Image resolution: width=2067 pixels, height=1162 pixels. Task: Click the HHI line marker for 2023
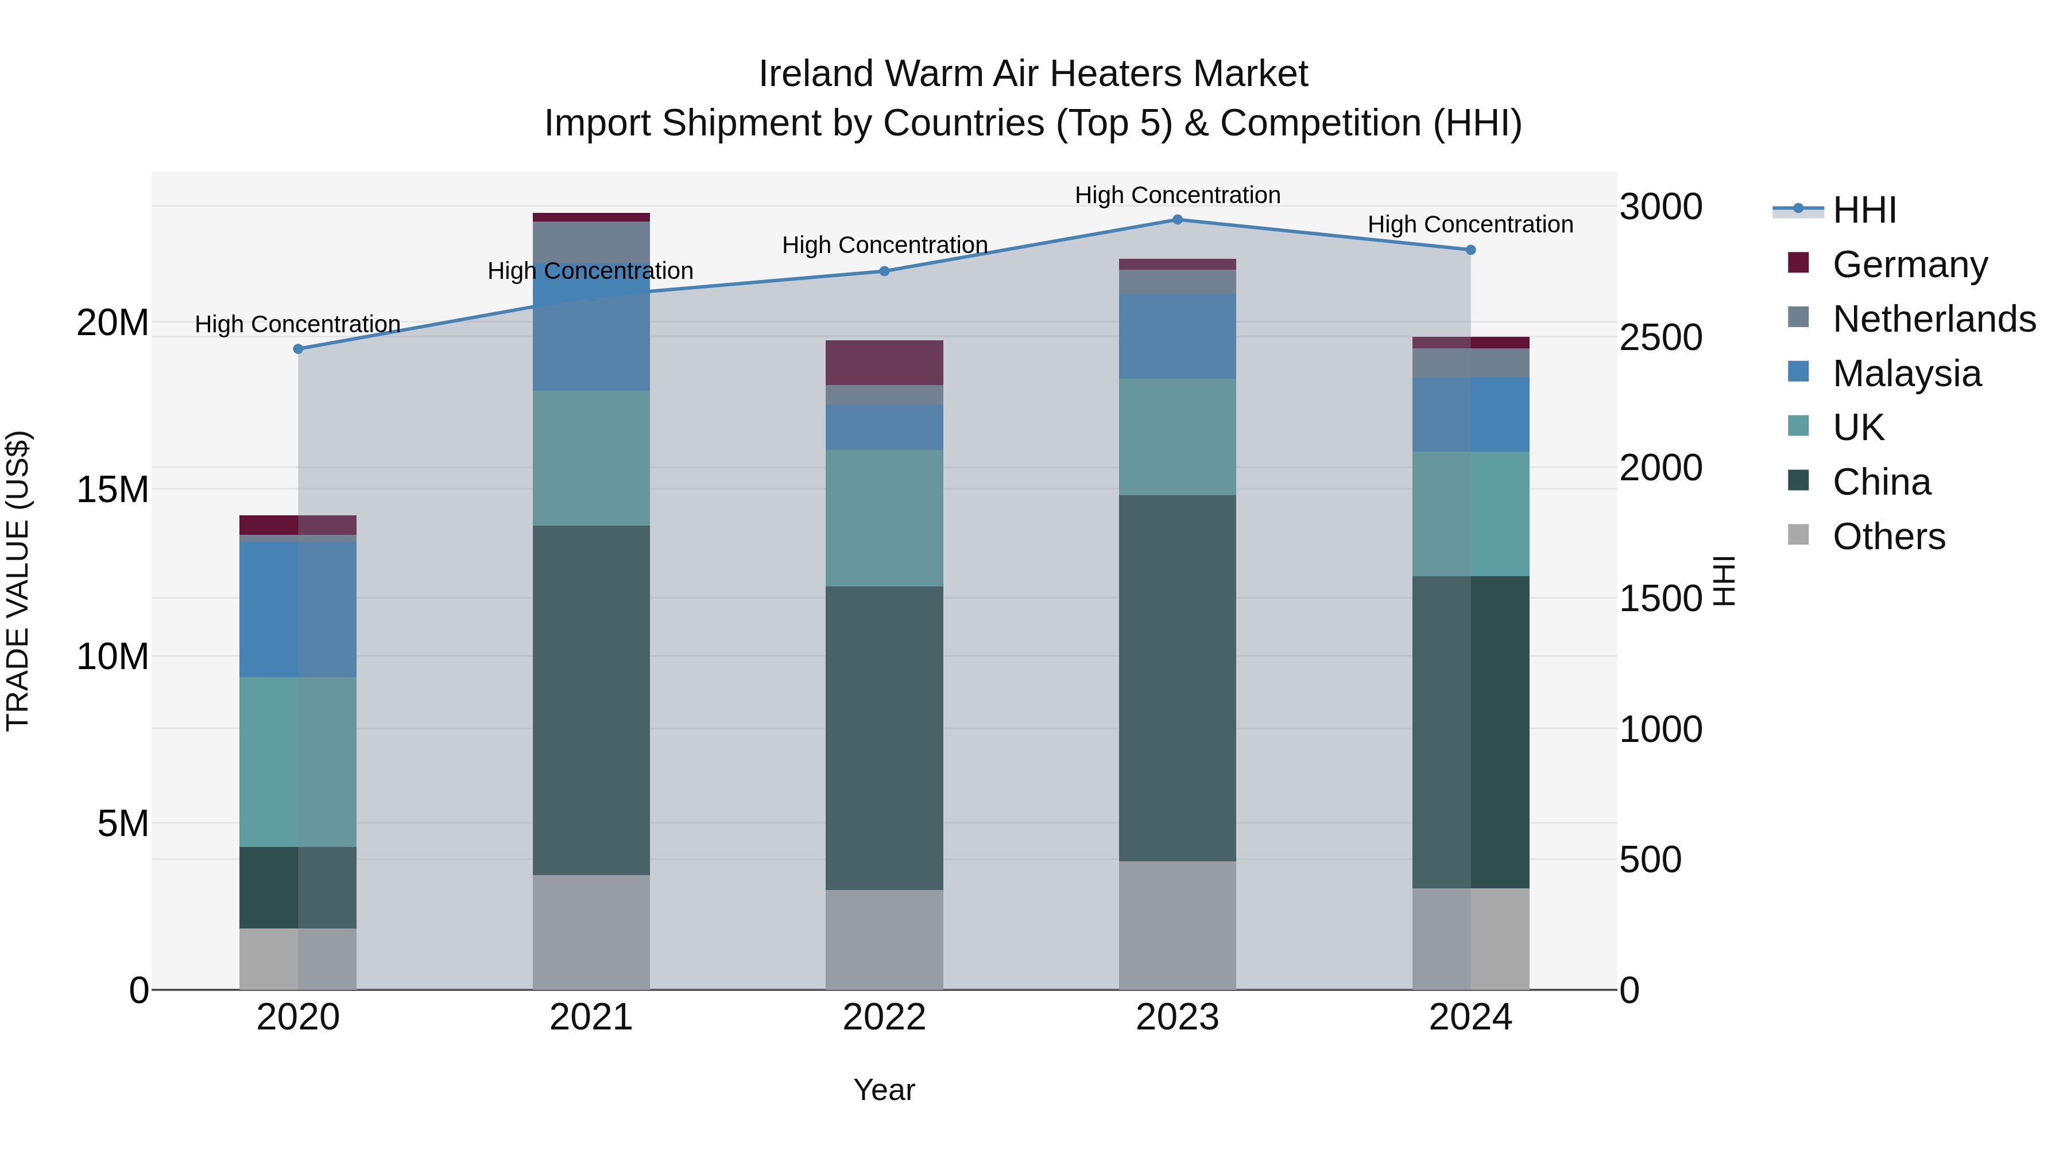pos(1177,219)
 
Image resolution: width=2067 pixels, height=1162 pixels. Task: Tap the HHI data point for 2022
pos(884,271)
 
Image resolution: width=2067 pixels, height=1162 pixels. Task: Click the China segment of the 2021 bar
pos(591,699)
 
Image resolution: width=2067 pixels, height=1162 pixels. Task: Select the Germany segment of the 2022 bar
pos(884,363)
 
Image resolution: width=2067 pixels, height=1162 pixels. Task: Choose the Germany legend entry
pos(1910,264)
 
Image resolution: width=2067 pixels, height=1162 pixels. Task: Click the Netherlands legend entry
pos(1934,318)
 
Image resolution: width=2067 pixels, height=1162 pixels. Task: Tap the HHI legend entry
pos(1864,210)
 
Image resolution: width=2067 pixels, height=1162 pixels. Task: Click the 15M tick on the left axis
pos(113,489)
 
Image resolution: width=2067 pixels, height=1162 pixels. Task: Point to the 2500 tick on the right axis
pos(1660,337)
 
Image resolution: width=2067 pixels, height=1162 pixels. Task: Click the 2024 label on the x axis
pos(1470,1017)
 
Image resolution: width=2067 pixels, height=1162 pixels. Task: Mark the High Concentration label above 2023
pos(1177,195)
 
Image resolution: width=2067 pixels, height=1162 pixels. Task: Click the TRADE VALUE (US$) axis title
pos(18,581)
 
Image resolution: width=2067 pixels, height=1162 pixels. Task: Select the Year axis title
pos(884,1090)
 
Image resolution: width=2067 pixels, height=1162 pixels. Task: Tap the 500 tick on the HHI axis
pos(1650,860)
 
